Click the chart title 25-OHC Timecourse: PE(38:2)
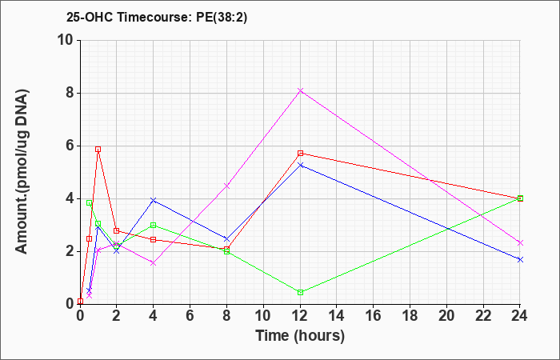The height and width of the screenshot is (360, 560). coord(157,17)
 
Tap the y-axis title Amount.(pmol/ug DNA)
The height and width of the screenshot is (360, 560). coord(22,172)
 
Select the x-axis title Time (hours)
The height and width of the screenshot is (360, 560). coord(300,336)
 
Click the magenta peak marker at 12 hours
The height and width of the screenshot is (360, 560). coord(300,90)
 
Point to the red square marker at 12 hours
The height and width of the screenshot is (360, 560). coord(300,154)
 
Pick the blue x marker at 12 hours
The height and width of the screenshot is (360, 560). coord(300,165)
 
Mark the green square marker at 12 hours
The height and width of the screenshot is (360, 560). coord(300,293)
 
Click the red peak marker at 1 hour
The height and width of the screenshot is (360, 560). coord(98,149)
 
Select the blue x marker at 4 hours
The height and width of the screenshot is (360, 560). coord(154,200)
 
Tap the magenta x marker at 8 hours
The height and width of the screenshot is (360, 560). coord(226,186)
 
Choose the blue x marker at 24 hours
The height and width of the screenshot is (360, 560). coord(520,260)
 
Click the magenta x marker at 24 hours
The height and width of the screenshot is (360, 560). coord(520,243)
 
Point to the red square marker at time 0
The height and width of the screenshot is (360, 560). coord(80,302)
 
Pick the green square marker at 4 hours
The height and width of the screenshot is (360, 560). coord(154,225)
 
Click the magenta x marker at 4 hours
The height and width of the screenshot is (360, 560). coord(154,263)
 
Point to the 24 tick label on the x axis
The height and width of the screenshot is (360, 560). coord(520,316)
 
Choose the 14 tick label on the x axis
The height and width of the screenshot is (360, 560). coord(337,316)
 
